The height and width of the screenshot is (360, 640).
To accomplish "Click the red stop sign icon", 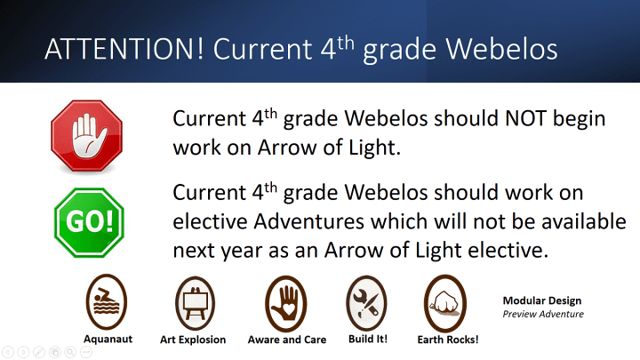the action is tap(86, 135).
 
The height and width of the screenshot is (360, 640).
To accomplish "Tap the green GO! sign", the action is tap(89, 223).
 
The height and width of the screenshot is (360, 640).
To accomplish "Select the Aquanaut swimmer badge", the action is tap(107, 301).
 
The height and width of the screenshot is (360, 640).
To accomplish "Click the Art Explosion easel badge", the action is tap(195, 303).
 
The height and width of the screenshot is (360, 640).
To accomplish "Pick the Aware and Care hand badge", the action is tap(285, 304).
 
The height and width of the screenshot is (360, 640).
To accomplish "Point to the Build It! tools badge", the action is tap(366, 303).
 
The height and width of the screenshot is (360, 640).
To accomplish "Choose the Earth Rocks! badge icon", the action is tap(445, 303).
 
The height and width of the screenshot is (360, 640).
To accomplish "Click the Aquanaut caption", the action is tap(108, 340).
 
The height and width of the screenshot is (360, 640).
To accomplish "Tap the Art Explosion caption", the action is tap(193, 340).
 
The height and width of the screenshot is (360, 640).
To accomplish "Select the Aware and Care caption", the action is tap(287, 340).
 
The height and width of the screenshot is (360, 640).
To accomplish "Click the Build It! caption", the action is tap(368, 339).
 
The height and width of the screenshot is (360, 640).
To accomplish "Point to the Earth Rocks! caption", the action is tap(448, 340).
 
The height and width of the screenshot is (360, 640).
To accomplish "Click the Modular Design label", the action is tap(542, 300).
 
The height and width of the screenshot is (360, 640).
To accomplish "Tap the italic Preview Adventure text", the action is tap(543, 314).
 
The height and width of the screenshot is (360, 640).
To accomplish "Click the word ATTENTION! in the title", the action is tap(124, 49).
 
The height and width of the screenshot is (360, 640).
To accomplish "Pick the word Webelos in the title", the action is tap(501, 50).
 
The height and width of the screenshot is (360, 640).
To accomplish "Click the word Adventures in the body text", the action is tap(309, 221).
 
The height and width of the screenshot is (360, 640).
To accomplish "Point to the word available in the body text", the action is tap(584, 221).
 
